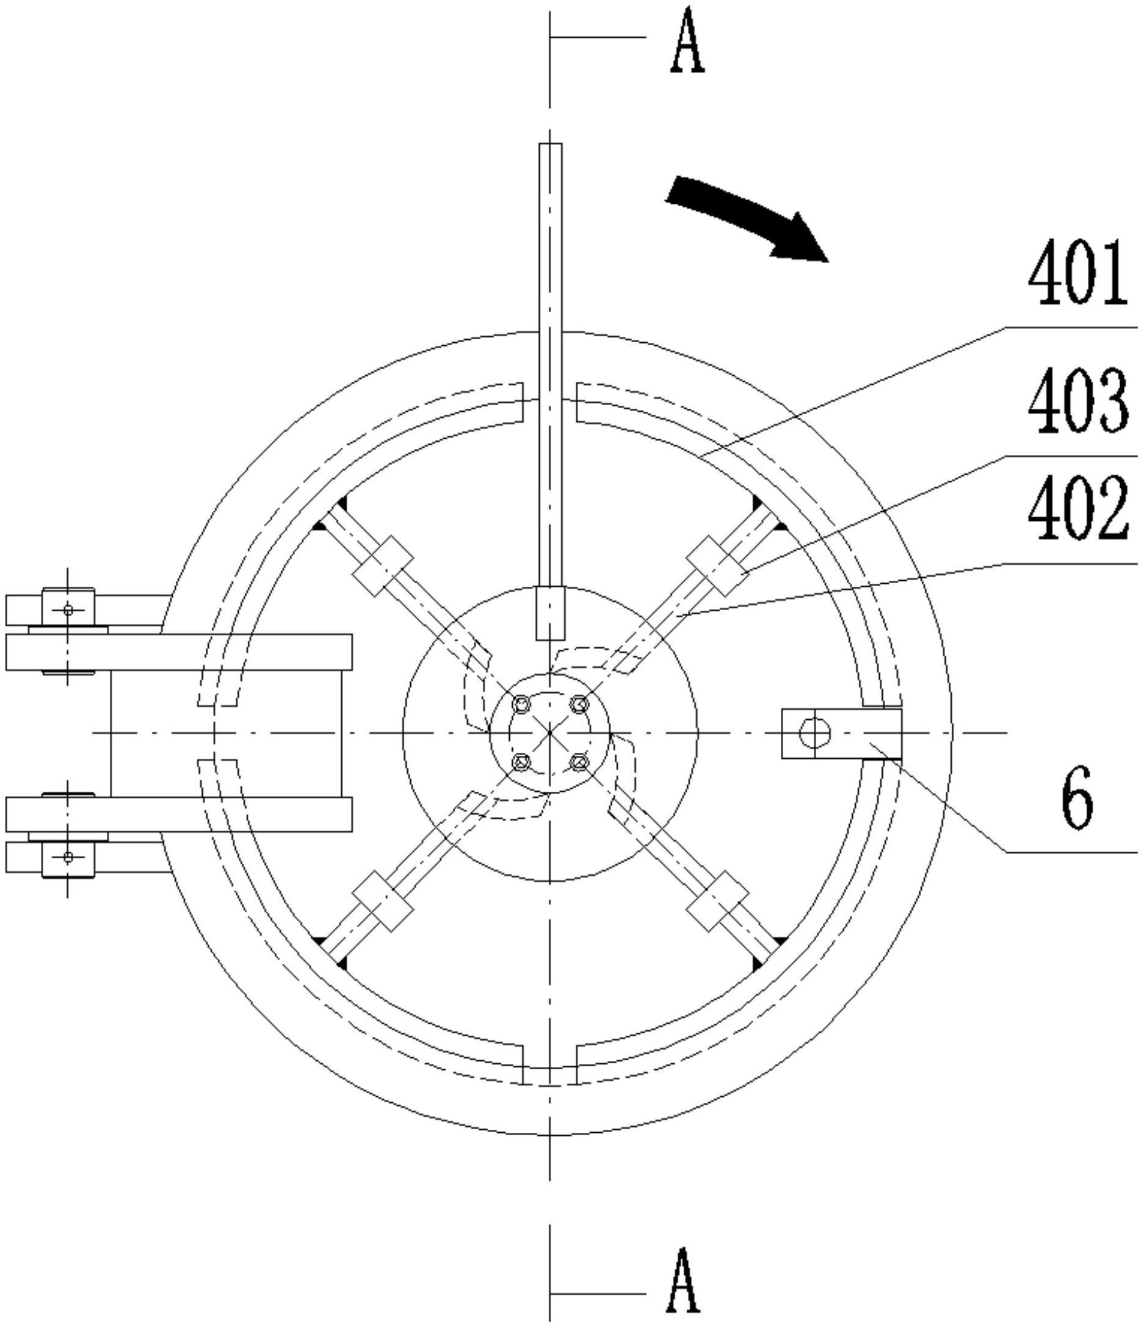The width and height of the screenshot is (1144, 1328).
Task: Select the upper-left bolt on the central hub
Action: (x=521, y=705)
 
